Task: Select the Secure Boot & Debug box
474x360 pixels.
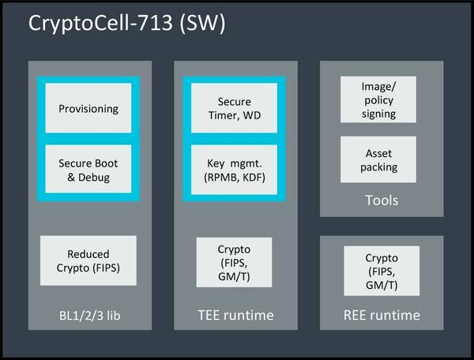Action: (88, 169)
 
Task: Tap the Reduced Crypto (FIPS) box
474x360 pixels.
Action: (88, 261)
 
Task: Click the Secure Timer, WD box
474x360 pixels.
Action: (234, 109)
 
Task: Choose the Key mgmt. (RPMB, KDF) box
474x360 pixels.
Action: (234, 169)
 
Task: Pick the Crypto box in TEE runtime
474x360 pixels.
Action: (234, 262)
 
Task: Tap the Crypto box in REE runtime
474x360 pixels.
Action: (382, 271)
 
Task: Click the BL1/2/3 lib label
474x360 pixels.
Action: (88, 315)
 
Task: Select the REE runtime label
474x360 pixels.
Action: (382, 315)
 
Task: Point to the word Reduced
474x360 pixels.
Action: (88, 254)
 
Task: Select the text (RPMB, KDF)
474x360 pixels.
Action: (234, 177)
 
